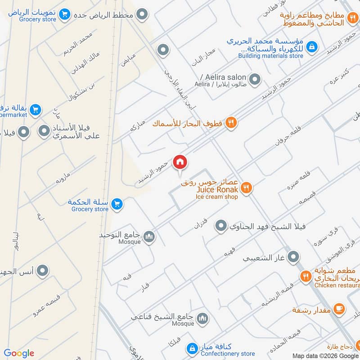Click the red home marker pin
[180, 162]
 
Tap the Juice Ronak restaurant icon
[246, 188]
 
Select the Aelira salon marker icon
[255, 80]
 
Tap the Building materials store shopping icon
[311, 46]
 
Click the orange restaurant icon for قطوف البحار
[231, 122]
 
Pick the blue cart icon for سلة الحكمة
[117, 204]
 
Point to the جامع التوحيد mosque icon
[149, 236]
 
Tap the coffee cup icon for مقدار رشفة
[340, 309]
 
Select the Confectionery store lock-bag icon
[192, 348]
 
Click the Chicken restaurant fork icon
[306, 276]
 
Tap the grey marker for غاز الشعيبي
[293, 257]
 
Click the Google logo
[18, 353]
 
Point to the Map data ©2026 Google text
[325, 355]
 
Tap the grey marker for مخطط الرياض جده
[143, 14]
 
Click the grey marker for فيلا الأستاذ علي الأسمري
[44, 131]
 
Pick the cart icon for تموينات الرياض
[65, 14]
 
